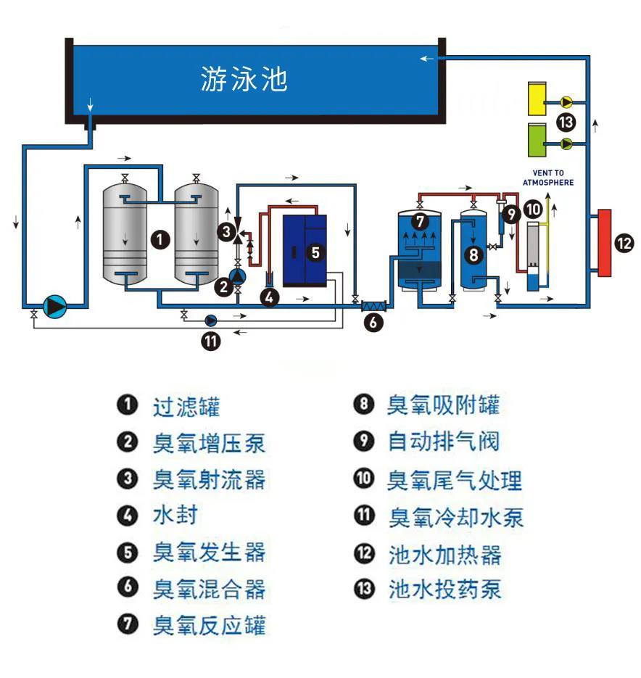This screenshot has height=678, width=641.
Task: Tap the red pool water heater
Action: pos(605,243)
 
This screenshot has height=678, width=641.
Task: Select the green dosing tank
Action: pos(538,142)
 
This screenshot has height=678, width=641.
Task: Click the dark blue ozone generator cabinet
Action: pos(305,250)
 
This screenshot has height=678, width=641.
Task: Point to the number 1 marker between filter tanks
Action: pos(161,239)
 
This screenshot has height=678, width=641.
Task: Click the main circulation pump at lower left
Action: pos(55,307)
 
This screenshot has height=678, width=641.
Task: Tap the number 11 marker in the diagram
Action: pos(210,342)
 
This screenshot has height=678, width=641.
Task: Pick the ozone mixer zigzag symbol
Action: pos(374,307)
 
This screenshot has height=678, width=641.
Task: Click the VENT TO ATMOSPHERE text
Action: pos(548,178)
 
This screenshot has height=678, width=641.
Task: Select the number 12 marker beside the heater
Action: pos(624,244)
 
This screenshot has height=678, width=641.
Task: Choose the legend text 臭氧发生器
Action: pos(209,553)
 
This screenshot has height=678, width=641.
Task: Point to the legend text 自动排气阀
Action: pos(443,442)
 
